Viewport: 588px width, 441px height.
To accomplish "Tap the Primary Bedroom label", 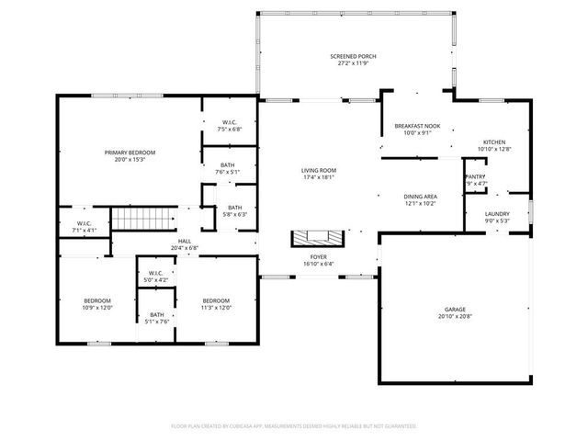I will pos(130,156).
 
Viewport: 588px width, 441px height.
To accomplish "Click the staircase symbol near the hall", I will pos(142,220).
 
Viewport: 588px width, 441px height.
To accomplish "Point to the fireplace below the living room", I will pos(317,239).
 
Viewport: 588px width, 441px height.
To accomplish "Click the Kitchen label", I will pos(494,146).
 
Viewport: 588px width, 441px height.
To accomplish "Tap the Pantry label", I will pos(475,179).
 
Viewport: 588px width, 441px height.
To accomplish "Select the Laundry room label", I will pos(497,217).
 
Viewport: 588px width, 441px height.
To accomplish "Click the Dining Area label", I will pos(420,199).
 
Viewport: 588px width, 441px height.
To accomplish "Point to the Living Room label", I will pos(319,174).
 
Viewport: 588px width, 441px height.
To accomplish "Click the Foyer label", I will pos(318,261).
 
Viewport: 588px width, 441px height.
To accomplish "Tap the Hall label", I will pos(185,244).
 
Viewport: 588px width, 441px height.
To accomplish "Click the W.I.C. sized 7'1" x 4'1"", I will pos(84,226).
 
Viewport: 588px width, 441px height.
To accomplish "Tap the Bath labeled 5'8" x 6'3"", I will pos(235,210).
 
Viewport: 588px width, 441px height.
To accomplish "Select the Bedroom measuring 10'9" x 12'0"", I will pos(97,304).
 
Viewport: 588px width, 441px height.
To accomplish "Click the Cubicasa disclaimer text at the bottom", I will pos(294,426).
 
